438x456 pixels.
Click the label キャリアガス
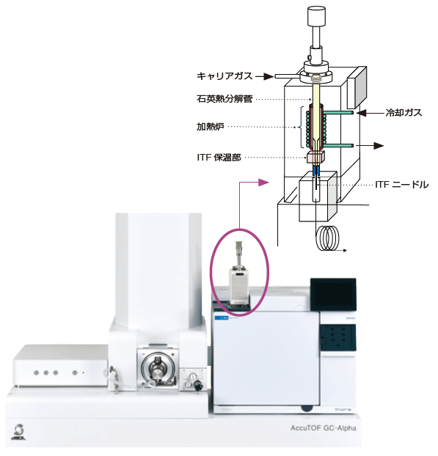[225, 76]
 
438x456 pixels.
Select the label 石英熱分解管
[225, 99]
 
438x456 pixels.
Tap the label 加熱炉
[211, 127]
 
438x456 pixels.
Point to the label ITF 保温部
[219, 158]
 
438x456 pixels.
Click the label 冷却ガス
[404, 113]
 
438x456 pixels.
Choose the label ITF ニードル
[401, 184]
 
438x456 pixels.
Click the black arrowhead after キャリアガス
[269, 76]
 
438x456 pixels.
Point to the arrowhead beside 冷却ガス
[361, 113]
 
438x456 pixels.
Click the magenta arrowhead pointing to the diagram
[263, 183]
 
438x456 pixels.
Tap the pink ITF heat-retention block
[315, 157]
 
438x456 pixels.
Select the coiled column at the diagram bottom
[328, 238]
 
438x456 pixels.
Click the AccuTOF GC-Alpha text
[323, 428]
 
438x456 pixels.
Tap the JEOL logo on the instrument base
[19, 432]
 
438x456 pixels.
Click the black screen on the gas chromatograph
[333, 295]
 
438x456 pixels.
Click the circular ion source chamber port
[158, 369]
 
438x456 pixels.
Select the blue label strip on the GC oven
[222, 318]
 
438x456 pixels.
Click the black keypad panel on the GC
[337, 338]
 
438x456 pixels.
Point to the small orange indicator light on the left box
[84, 372]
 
